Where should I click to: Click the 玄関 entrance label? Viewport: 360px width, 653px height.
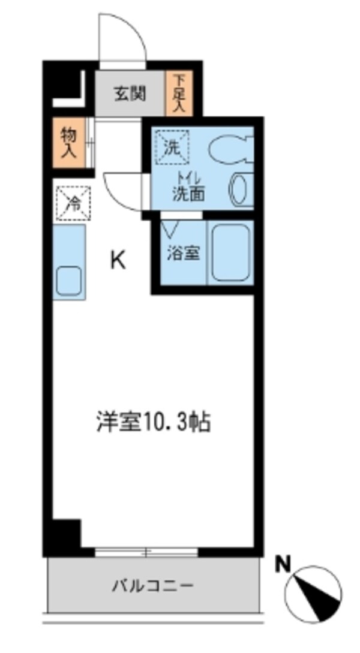pos(130,94)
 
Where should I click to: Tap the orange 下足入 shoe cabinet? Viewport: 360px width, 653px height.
pos(178,94)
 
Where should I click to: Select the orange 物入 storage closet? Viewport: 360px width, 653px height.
pos(68,143)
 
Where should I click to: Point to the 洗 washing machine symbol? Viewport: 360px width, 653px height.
pos(172,147)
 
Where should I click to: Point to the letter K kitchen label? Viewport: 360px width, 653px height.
pos(118,260)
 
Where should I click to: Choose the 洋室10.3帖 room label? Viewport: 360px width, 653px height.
pos(154,423)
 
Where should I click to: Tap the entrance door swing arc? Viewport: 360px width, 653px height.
pos(125,36)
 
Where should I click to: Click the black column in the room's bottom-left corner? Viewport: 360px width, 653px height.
pos(65,534)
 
